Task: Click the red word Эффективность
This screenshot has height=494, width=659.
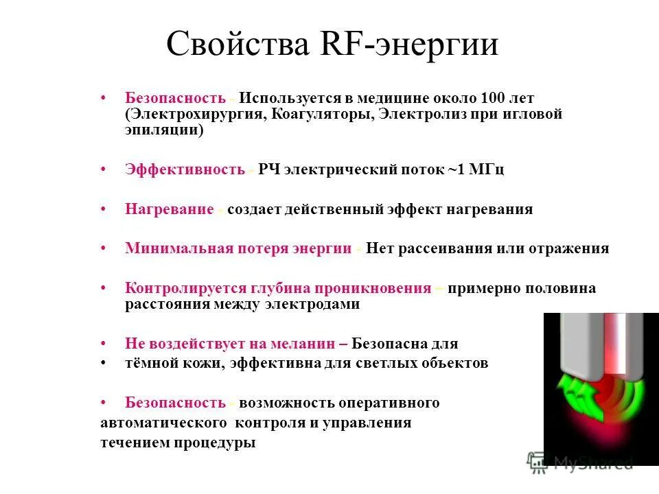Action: (x=185, y=169)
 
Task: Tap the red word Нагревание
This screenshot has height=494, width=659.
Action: (x=170, y=209)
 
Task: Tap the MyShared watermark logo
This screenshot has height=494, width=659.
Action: (x=580, y=462)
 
